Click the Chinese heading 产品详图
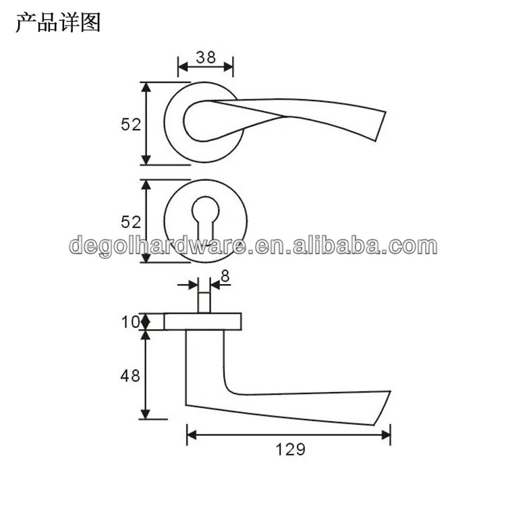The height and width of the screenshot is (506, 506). pyautogui.click(x=57, y=23)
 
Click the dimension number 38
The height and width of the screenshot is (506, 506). pyautogui.click(x=205, y=57)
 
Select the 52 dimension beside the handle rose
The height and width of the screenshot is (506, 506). pyautogui.click(x=130, y=124)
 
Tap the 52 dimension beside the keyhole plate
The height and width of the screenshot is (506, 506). pyautogui.click(x=130, y=221)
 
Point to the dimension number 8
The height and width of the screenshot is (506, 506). pyautogui.click(x=225, y=275)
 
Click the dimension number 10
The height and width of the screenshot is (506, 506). pyautogui.click(x=130, y=322)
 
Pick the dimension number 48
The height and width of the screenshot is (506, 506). pyautogui.click(x=130, y=375)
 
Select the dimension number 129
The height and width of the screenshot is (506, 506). pyautogui.click(x=290, y=449)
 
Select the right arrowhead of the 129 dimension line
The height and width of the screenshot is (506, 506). pyautogui.click(x=387, y=435)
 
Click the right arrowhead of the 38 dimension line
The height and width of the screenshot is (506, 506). pyautogui.click(x=229, y=66)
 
